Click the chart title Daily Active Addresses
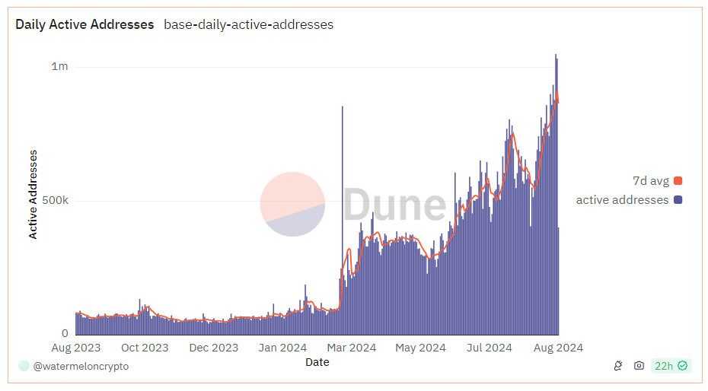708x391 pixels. [85, 24]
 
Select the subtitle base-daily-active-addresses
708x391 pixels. [248, 24]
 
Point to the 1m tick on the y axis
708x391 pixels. [59, 66]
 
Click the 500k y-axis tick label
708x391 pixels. [55, 201]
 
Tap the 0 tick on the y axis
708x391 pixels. [65, 332]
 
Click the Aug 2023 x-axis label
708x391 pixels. [75, 348]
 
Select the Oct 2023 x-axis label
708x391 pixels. [145, 348]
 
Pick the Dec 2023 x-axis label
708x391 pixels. [214, 348]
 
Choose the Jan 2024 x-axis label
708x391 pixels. [282, 348]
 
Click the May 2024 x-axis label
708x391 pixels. [420, 348]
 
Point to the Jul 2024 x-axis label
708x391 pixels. [489, 348]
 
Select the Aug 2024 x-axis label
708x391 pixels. [558, 348]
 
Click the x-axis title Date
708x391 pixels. [317, 362]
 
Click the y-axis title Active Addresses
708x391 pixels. [33, 194]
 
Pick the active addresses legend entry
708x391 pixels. [629, 200]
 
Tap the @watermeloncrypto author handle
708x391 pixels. [81, 366]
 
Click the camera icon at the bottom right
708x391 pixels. [639, 366]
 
